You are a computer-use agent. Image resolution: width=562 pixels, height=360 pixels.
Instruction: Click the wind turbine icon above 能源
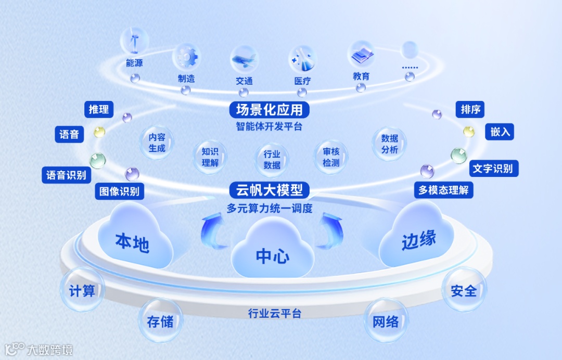[x=134, y=41]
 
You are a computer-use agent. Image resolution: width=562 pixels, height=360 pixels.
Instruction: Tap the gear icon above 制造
[x=186, y=56]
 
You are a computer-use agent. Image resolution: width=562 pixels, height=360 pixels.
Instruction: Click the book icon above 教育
[x=361, y=54]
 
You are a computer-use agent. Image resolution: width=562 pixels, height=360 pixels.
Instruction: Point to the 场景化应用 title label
[x=270, y=110]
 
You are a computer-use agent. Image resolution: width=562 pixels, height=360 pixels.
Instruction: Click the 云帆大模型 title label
[x=270, y=190]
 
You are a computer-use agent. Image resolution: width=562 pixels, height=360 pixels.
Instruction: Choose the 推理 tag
[x=99, y=109]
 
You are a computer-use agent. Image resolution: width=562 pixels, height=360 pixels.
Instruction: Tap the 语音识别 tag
[x=66, y=175]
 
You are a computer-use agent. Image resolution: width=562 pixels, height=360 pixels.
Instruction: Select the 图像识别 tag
[x=119, y=191]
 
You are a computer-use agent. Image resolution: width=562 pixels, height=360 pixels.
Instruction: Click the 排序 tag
[x=470, y=110]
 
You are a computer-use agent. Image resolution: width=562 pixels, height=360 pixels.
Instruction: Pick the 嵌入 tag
[x=500, y=132]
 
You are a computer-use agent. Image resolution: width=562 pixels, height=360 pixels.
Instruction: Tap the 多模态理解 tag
[x=443, y=190]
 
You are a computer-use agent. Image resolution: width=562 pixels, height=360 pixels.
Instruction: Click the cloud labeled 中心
[x=272, y=250]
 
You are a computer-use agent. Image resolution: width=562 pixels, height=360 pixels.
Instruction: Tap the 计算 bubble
[x=82, y=290]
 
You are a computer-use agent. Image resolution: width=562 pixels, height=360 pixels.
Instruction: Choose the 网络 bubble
[x=386, y=321]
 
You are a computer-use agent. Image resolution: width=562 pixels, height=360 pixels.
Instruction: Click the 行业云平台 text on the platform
[x=274, y=314]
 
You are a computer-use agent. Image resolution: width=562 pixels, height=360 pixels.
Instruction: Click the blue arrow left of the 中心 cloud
[x=214, y=232]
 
